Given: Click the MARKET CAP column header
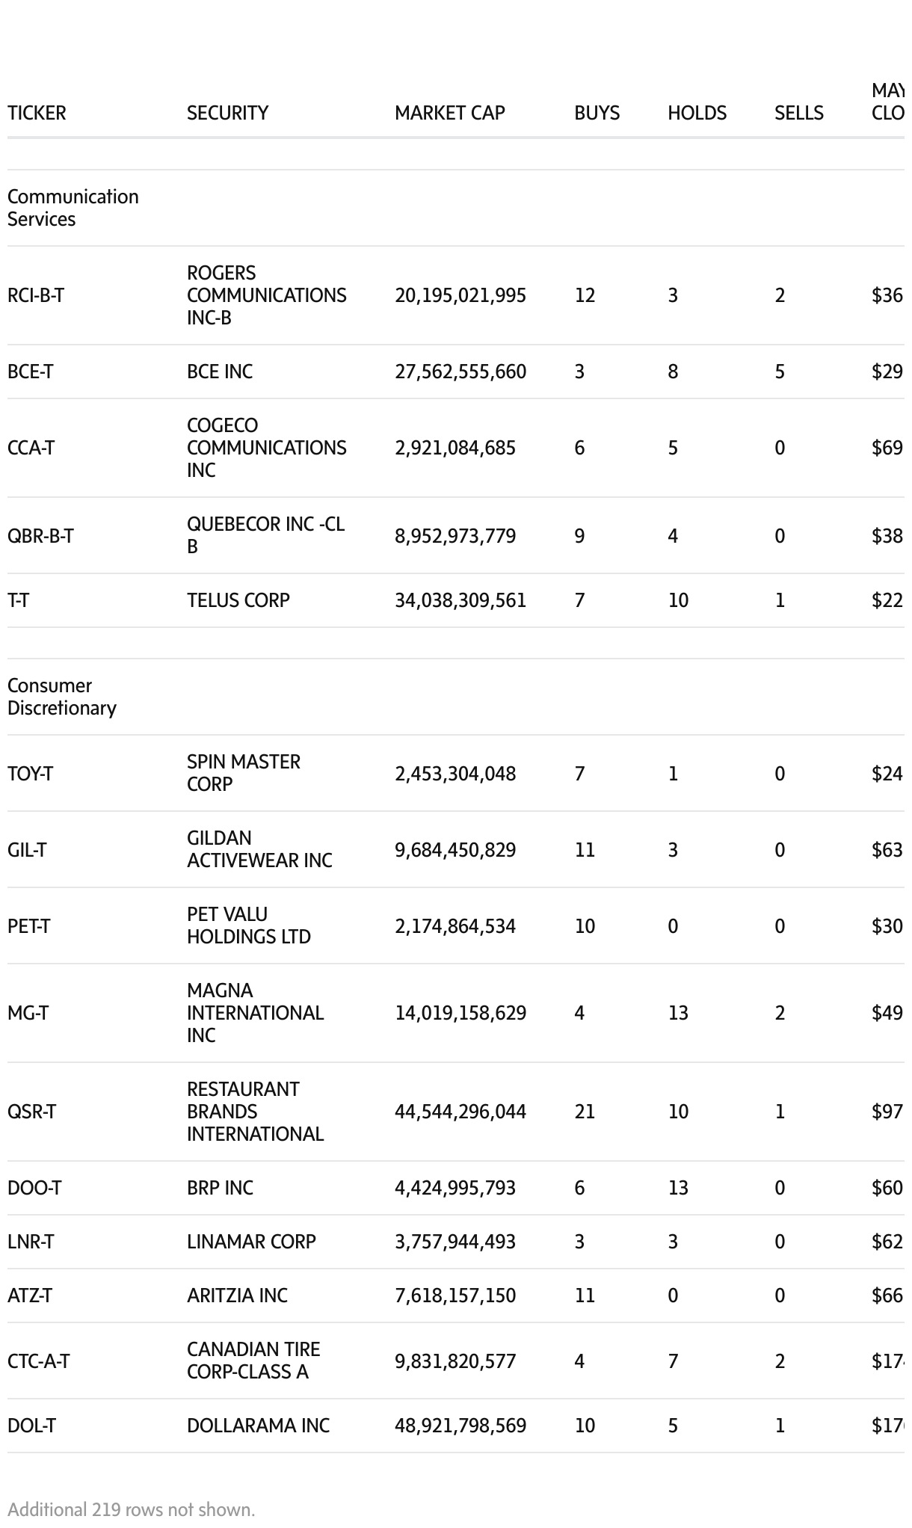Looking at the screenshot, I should (x=449, y=113).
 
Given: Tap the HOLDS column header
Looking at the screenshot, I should (x=697, y=113).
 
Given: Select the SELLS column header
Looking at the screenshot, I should (x=798, y=113).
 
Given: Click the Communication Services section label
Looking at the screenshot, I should (x=73, y=208).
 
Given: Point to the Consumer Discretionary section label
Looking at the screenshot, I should (x=61, y=697).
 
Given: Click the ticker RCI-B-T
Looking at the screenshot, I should (x=36, y=295).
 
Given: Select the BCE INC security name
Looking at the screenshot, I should (x=220, y=372).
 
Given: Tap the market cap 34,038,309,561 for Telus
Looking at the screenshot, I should (x=460, y=600).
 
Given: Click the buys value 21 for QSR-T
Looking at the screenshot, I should (x=585, y=1112).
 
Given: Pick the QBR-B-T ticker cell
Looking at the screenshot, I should (x=40, y=536).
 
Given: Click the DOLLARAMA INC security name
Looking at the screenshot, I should (x=258, y=1426).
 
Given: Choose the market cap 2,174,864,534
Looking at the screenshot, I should (x=455, y=926).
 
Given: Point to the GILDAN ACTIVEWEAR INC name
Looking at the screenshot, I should (x=259, y=849).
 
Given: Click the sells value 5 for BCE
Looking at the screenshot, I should (x=780, y=372).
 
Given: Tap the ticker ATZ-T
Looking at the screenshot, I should (x=30, y=1296).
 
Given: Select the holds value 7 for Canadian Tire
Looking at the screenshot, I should (x=673, y=1361).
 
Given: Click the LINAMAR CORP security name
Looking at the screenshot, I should (x=251, y=1242).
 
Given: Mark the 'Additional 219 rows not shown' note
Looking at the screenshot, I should (x=132, y=1509).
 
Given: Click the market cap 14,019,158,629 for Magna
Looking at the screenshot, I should (x=460, y=1013).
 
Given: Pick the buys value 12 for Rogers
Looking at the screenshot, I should (x=585, y=295).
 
